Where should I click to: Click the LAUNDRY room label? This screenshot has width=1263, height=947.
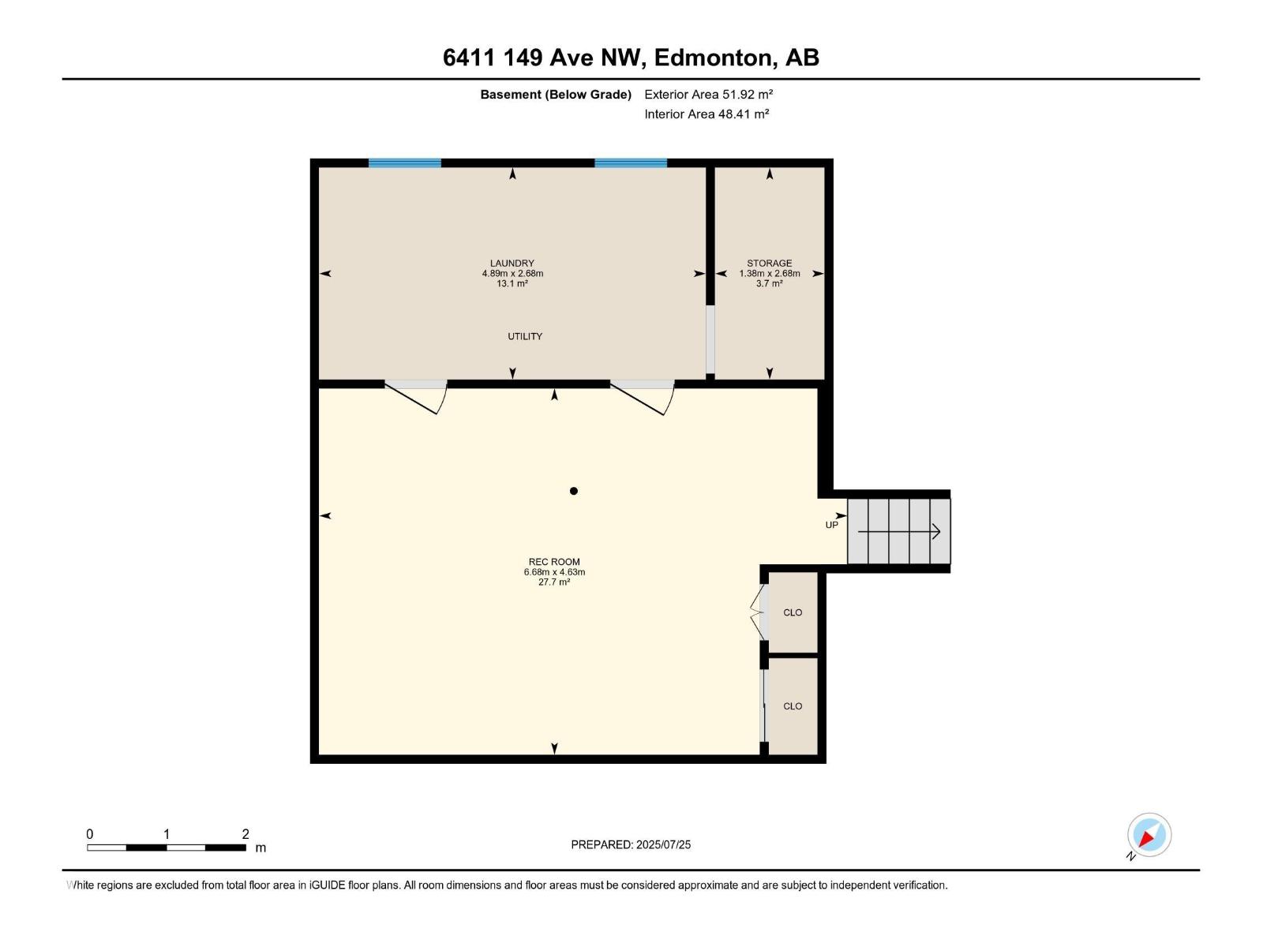tap(512, 264)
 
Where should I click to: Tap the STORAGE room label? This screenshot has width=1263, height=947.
tap(769, 264)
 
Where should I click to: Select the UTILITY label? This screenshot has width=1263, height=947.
tap(525, 336)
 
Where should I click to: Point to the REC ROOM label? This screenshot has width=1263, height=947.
tap(554, 562)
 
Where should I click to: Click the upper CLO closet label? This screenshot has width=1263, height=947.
tap(793, 612)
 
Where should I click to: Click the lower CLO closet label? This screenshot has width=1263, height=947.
tap(793, 706)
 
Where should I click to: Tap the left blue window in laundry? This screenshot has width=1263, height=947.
tap(405, 163)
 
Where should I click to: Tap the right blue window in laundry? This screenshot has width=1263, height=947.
tap(631, 163)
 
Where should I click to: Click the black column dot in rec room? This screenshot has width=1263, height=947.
tap(574, 491)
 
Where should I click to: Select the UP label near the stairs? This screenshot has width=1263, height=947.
tap(831, 525)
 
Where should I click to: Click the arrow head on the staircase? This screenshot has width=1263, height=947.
tap(937, 532)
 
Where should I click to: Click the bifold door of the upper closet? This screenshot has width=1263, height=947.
tap(758, 612)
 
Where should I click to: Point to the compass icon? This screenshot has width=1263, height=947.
tap(1149, 835)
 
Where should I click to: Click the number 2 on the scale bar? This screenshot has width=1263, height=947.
tap(245, 834)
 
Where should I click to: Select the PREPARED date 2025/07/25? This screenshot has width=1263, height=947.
tap(662, 844)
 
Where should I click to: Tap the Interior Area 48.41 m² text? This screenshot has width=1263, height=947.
tap(706, 114)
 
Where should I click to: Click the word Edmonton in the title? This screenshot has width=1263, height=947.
tap(713, 58)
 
